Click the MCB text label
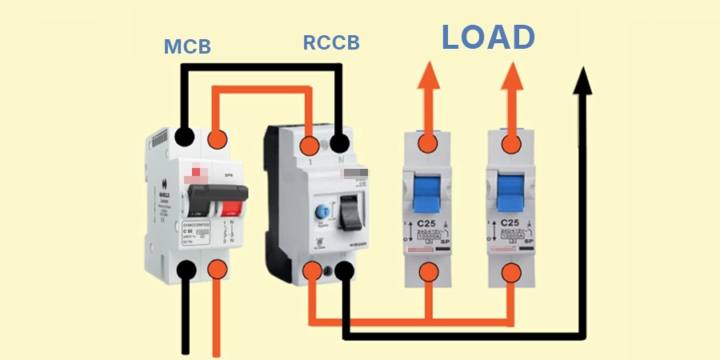point(187,46)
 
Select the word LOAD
point(488,38)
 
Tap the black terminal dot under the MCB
point(186,268)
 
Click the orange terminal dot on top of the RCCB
point(310,145)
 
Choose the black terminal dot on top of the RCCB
point(341,145)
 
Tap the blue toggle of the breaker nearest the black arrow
point(510,191)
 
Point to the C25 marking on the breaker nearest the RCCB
point(427,223)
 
